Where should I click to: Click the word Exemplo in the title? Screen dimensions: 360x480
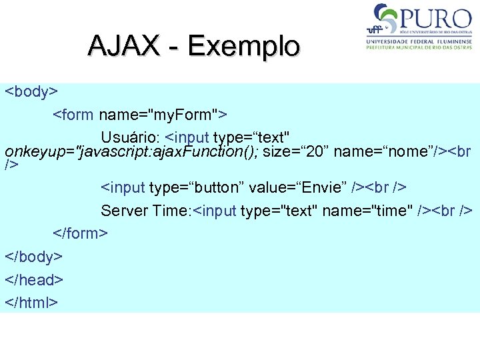tap(244, 46)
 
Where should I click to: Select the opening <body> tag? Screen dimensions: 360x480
tap(32, 91)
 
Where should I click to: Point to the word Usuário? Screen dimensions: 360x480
tap(131, 137)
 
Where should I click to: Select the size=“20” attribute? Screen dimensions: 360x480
tap(295, 151)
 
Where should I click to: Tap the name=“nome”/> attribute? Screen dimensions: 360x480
tap(390, 151)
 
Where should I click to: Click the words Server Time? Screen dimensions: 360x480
tap(145, 211)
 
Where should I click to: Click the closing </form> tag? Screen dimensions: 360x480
tap(81, 233)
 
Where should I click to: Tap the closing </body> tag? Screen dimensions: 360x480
tap(34, 257)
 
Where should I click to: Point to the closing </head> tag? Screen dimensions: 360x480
tap(34, 280)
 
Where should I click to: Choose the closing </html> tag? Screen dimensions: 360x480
tap(31, 303)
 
